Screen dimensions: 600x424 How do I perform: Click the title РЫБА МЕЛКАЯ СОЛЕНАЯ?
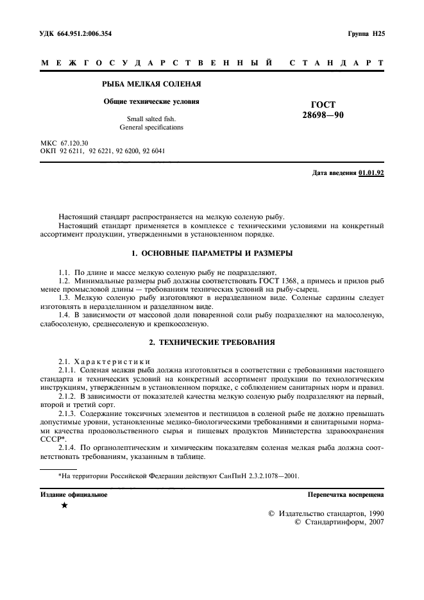pos(151,84)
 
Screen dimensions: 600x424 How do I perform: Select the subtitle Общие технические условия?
pos(151,101)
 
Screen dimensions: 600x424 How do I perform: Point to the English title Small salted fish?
pos(151,119)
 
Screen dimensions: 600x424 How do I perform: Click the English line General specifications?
pos(151,128)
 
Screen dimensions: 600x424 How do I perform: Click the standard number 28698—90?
pos(323,115)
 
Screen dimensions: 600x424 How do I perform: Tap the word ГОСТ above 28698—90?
pos(323,104)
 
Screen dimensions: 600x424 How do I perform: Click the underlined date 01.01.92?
pos(371,173)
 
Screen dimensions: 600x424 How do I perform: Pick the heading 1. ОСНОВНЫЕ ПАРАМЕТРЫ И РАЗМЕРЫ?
pos(212,253)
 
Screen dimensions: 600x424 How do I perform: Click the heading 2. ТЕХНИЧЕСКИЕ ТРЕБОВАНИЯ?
pos(212,342)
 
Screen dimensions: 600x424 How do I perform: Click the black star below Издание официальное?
pos(64,506)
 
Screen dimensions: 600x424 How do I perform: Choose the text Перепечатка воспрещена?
pos(346,495)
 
